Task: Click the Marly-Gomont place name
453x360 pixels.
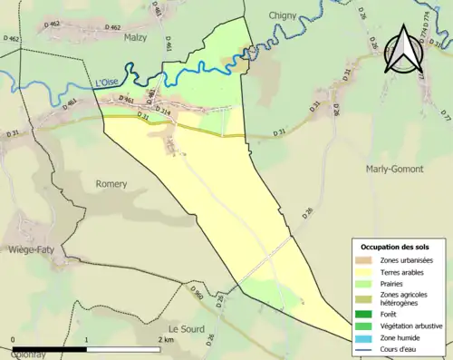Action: click(x=396, y=169)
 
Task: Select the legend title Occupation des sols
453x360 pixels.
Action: click(x=395, y=247)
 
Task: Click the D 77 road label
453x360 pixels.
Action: click(x=445, y=117)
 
